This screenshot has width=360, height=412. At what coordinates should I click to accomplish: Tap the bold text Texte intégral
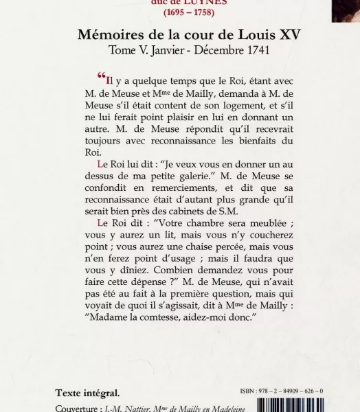tap(87, 393)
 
